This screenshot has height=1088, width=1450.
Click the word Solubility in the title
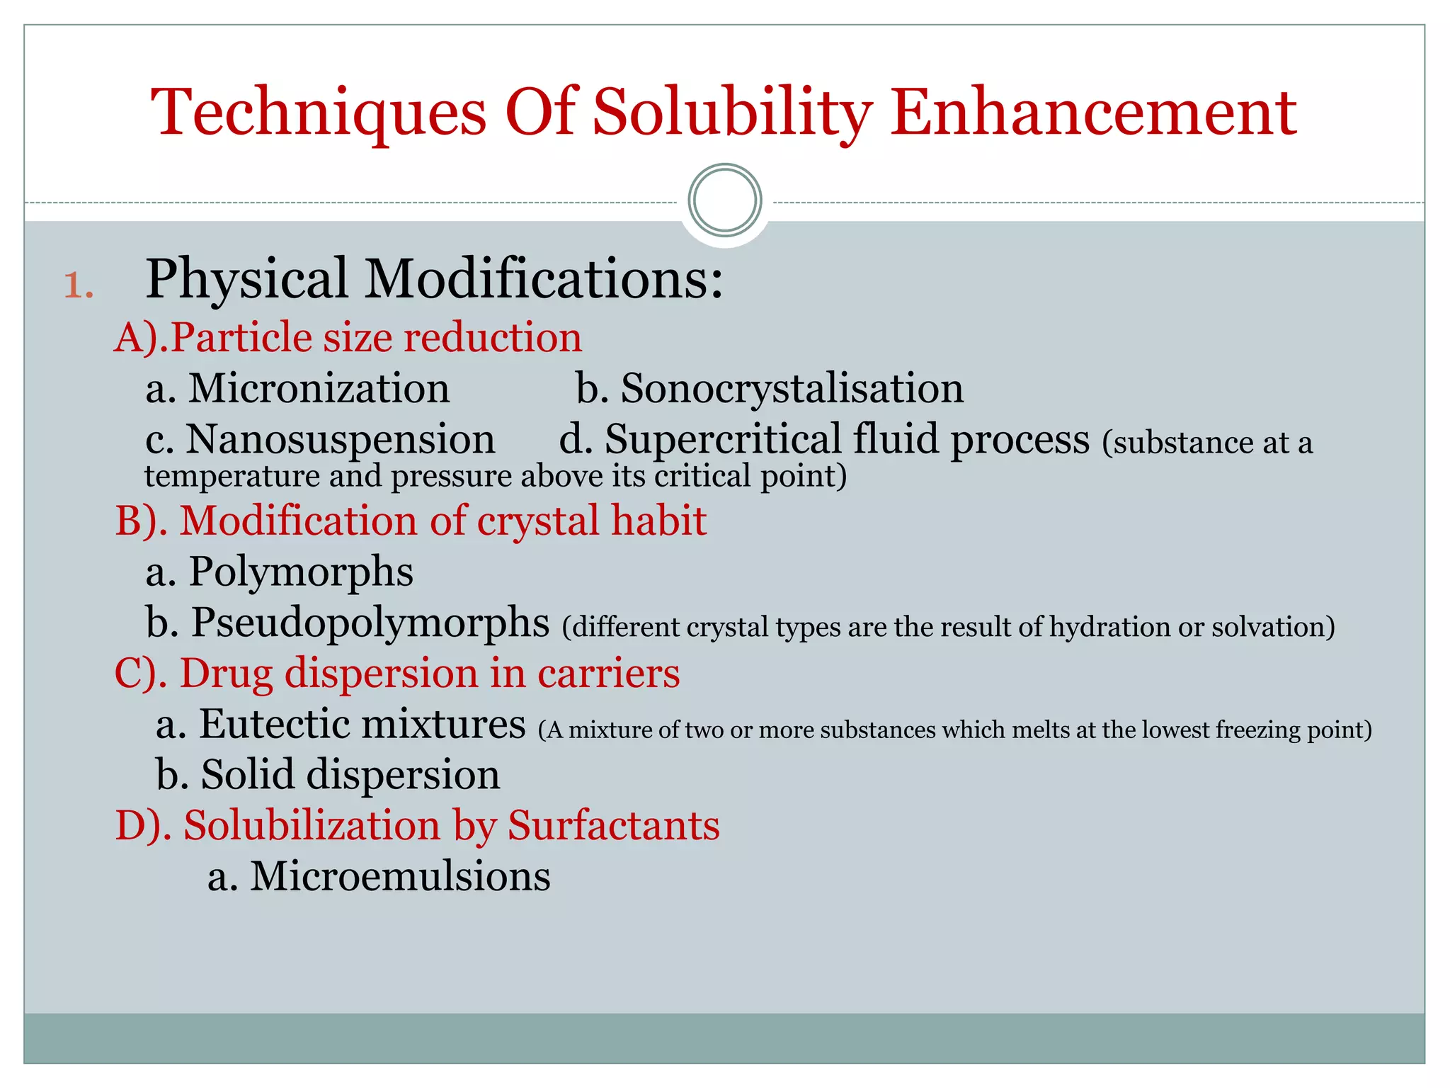click(732, 113)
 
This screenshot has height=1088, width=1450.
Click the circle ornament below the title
click(724, 200)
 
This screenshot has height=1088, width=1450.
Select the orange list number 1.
click(78, 285)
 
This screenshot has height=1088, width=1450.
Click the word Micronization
click(319, 389)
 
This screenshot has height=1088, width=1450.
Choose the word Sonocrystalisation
click(792, 389)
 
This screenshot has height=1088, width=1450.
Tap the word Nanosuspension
click(341, 440)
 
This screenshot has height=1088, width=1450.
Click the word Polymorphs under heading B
click(301, 572)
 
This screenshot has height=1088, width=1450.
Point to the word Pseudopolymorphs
click(370, 623)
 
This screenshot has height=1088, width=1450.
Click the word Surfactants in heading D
click(614, 826)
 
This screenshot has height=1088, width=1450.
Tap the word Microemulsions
click(400, 877)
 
